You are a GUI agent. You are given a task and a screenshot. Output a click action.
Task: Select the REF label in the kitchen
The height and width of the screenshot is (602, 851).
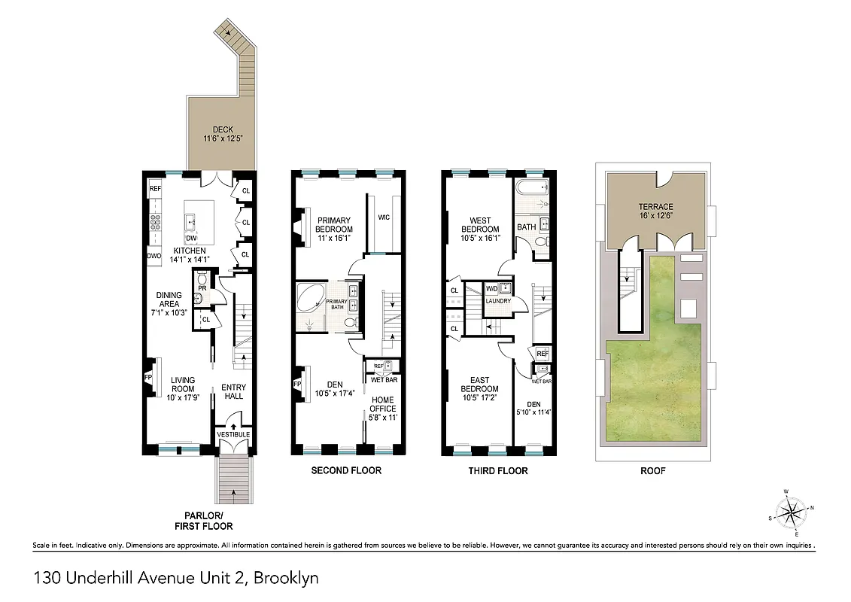coord(156,189)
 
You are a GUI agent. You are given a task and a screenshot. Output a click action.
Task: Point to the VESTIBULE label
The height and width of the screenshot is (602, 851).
coord(233,435)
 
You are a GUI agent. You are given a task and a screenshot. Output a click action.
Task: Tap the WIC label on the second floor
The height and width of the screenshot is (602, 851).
coord(384,217)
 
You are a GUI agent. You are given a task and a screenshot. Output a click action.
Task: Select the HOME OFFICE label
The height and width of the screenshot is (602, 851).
coord(382,404)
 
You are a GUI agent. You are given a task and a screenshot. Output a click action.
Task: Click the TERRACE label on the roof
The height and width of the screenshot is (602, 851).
coord(656,207)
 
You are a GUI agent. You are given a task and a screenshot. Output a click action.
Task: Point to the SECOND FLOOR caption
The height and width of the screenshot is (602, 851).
coord(346,470)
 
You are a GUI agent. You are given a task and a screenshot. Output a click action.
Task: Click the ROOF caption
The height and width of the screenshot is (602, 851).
coord(652,470)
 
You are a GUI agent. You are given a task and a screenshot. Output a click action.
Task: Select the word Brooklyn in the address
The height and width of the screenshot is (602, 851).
coord(286,579)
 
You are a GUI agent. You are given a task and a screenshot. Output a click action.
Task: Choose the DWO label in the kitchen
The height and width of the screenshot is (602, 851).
coord(155,256)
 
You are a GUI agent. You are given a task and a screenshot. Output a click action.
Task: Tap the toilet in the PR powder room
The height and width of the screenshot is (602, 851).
coord(201,278)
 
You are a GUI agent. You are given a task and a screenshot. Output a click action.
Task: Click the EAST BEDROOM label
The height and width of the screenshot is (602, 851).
coord(479,385)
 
